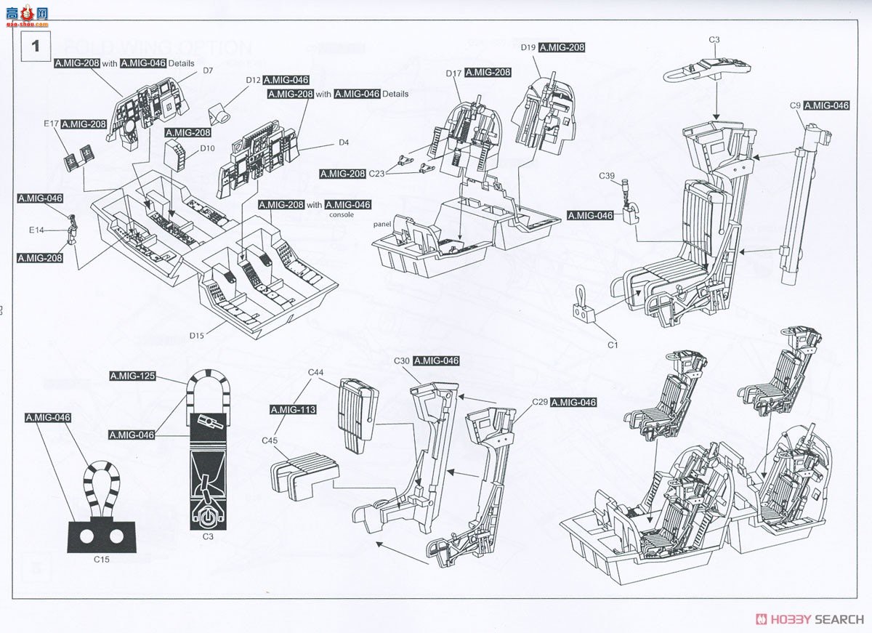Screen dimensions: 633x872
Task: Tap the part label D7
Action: [x=208, y=71]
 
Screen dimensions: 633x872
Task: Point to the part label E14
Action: [x=37, y=230]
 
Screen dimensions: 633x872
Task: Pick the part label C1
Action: [x=613, y=344]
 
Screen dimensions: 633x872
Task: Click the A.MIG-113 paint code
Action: [x=294, y=410]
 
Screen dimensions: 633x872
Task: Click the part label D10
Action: [x=208, y=148]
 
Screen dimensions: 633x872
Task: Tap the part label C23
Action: [x=376, y=174]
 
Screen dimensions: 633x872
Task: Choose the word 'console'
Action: [x=342, y=215]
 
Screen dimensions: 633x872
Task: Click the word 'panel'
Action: [x=383, y=225]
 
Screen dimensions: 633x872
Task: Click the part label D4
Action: [x=344, y=142]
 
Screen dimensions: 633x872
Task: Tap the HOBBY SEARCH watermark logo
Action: [x=810, y=619]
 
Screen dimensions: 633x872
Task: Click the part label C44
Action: [x=315, y=373]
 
